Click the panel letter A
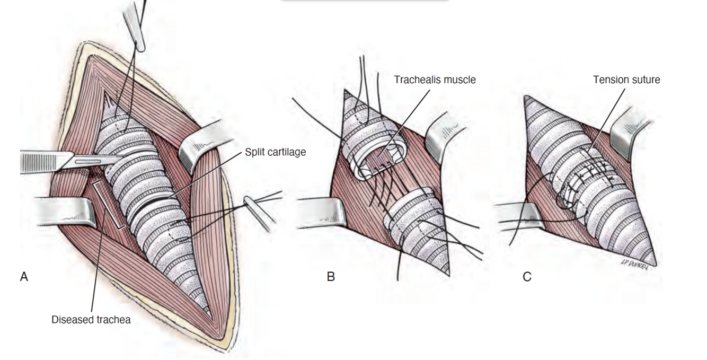[x=24, y=276]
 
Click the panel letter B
[x=331, y=276]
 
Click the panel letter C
[x=527, y=276]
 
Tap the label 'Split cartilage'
[x=275, y=152]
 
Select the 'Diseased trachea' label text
[x=91, y=320]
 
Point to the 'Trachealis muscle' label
[x=435, y=80]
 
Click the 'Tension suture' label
[x=626, y=80]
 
